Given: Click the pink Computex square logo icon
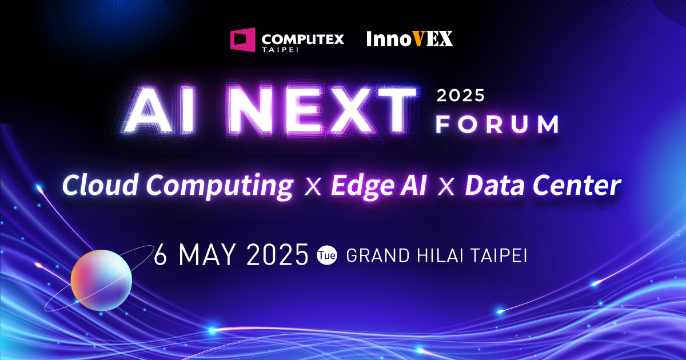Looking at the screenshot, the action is click(242, 40).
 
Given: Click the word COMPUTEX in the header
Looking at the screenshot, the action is click(302, 39).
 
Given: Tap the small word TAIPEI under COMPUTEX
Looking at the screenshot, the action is click(280, 49).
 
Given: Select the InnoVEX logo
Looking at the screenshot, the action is click(409, 39).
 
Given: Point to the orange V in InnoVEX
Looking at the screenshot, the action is click(418, 39).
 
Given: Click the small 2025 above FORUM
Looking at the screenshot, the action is click(461, 95).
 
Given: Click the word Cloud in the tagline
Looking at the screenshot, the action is click(100, 185).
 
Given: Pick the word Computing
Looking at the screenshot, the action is click(220, 186).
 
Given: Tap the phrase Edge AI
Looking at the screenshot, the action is click(378, 186).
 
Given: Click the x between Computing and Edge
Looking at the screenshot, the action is click(313, 187).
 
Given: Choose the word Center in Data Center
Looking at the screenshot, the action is click(577, 185).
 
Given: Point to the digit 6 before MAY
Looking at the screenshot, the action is click(160, 254).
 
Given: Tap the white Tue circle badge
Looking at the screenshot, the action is click(327, 255).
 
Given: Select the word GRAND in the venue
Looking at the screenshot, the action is click(378, 255).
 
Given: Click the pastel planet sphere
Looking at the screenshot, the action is click(101, 280).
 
